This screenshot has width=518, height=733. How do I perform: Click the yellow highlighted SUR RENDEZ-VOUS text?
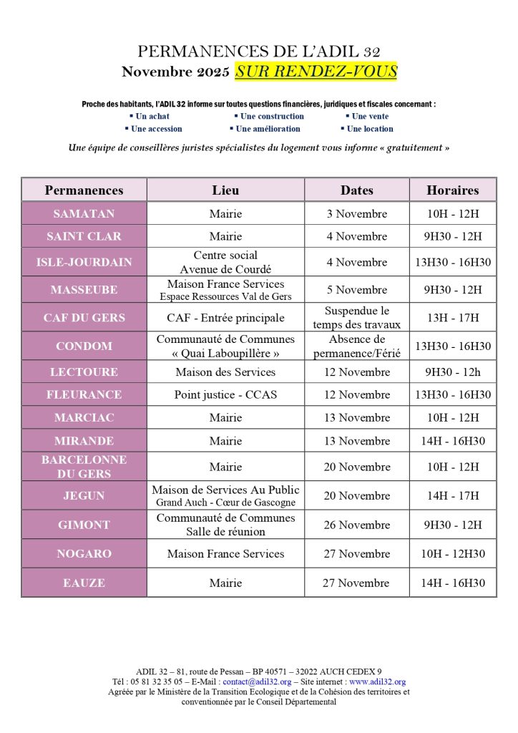pos(316,72)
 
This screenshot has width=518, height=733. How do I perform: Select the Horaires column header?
pos(452,190)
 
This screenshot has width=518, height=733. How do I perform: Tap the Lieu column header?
pos(225,190)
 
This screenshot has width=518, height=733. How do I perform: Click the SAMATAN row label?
pos(84,213)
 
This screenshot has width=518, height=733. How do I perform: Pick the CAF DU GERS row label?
pos(84,317)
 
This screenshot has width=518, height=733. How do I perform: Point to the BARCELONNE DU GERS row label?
pos(84,466)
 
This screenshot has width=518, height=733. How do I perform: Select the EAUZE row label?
pos(84,583)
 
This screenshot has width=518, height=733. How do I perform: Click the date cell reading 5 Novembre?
pos(356,290)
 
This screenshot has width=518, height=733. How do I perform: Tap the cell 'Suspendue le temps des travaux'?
pos(356,317)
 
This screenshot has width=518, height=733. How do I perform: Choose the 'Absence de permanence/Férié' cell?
pos(356,346)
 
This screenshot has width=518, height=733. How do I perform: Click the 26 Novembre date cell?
pos(356,525)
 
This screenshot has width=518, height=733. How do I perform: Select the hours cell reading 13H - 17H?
pos(452,317)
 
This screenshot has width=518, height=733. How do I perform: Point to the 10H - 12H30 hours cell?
pos(452,553)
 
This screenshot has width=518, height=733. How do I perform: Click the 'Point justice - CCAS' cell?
pos(225,394)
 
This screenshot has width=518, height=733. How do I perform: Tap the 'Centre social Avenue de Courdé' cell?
pos(225,262)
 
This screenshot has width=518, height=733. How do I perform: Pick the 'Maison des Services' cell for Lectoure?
pos(225,372)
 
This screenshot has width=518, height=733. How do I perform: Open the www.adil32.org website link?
pos(377,682)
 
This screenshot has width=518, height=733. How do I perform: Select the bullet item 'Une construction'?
pos(272,116)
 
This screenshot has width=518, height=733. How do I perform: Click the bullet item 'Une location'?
pos(370,129)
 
